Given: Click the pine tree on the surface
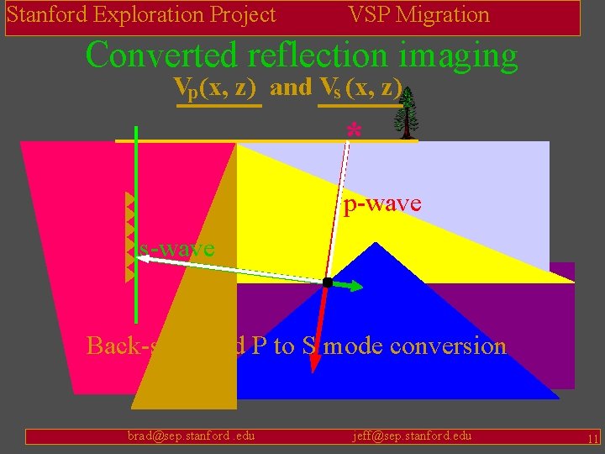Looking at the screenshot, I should (408, 113).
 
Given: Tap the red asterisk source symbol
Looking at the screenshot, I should (354, 131).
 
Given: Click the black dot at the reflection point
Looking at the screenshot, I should (327, 283).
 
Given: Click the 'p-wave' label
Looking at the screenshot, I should (381, 203).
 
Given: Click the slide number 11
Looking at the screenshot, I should (592, 439).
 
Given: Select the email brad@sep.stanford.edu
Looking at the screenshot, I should (191, 436).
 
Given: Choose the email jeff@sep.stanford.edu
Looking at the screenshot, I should (412, 436).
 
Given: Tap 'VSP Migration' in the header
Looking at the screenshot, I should (418, 14).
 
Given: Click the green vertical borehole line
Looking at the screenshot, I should (135, 219).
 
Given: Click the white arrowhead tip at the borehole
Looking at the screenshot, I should (140, 261).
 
